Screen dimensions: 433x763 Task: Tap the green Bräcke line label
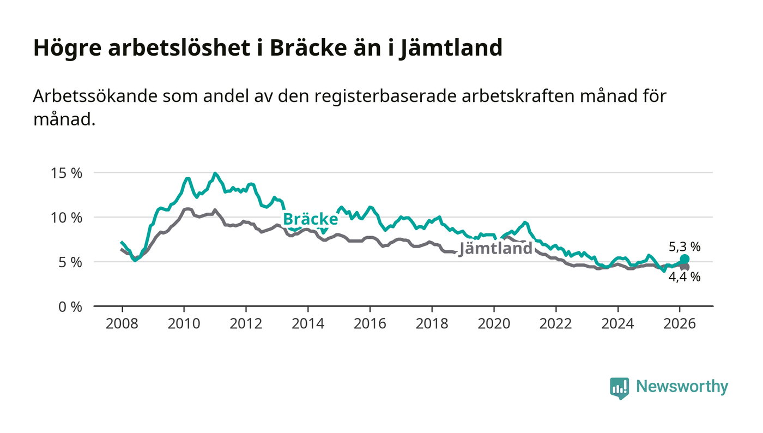point(310,219)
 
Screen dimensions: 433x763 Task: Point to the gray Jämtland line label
point(495,249)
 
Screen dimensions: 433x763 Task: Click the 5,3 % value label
point(685,247)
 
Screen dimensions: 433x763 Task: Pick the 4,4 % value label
point(685,276)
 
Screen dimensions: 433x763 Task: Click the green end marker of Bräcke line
point(685,259)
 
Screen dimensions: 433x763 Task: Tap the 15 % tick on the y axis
point(67,173)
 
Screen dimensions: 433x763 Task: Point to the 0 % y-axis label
point(70,306)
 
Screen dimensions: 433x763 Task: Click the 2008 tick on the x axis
point(122,323)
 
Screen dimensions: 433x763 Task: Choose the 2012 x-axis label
point(246,323)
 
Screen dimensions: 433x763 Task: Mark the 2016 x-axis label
point(370,323)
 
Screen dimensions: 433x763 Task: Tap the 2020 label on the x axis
point(494,323)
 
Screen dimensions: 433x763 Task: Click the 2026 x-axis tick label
point(680,323)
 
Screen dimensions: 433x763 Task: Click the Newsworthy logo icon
point(619,388)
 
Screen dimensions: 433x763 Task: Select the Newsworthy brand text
point(682,387)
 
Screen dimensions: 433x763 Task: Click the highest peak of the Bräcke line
point(215,173)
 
